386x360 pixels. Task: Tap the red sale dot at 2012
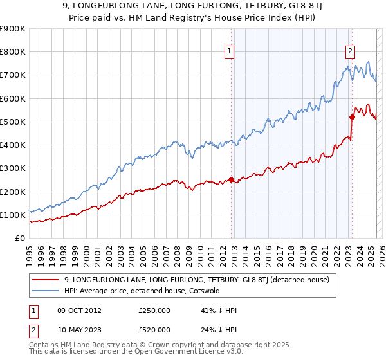232,180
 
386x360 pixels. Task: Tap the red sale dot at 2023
352,117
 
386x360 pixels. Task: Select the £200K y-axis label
13,192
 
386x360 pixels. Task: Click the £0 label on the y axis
20,239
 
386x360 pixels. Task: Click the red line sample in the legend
45,280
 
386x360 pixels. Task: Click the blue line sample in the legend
45,291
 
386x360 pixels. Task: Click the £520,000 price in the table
154,329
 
